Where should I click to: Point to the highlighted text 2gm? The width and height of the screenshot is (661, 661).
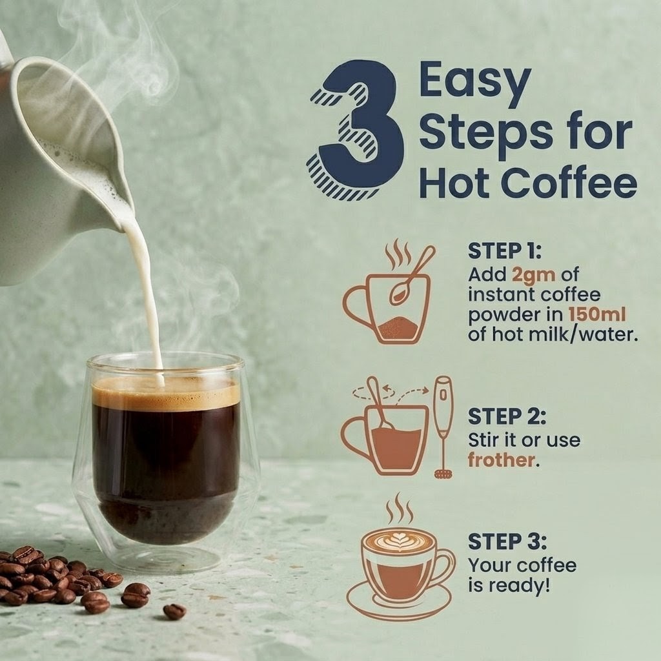pyautogui.click(x=534, y=275)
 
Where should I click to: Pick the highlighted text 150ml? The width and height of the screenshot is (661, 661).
pyautogui.click(x=597, y=314)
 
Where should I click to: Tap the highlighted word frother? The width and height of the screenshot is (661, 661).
pyautogui.click(x=501, y=460)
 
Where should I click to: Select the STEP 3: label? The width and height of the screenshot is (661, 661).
pyautogui.click(x=507, y=542)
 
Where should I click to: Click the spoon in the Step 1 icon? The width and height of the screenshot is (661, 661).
pyautogui.click(x=412, y=274)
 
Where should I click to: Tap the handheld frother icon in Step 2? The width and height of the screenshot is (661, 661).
pyautogui.click(x=443, y=427)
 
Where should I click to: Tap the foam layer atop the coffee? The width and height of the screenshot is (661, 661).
pyautogui.click(x=166, y=395)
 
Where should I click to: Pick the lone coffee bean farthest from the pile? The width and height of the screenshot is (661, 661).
pyautogui.click(x=174, y=611)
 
